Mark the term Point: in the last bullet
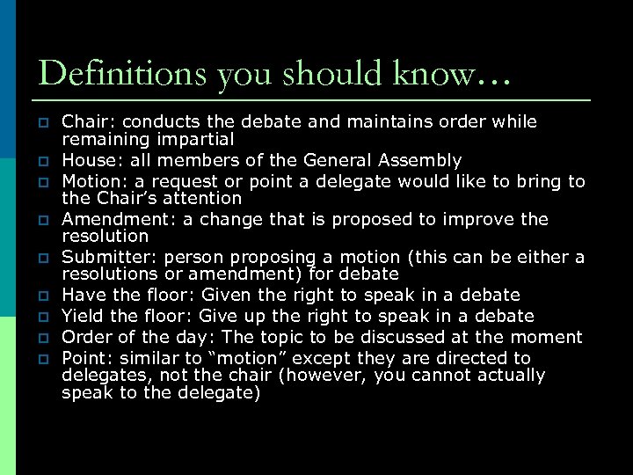(x=85, y=358)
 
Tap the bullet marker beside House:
(x=41, y=162)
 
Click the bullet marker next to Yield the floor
(x=41, y=318)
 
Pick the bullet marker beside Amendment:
(x=41, y=221)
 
